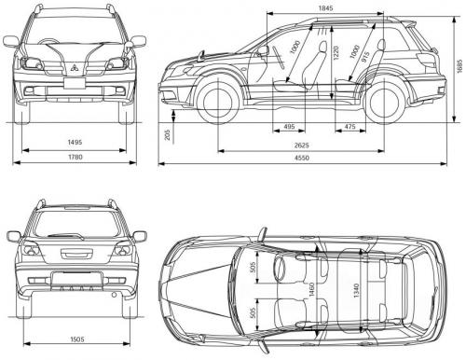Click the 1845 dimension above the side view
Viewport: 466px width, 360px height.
coord(324,8)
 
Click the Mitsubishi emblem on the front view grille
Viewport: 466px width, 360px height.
coord(73,67)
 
